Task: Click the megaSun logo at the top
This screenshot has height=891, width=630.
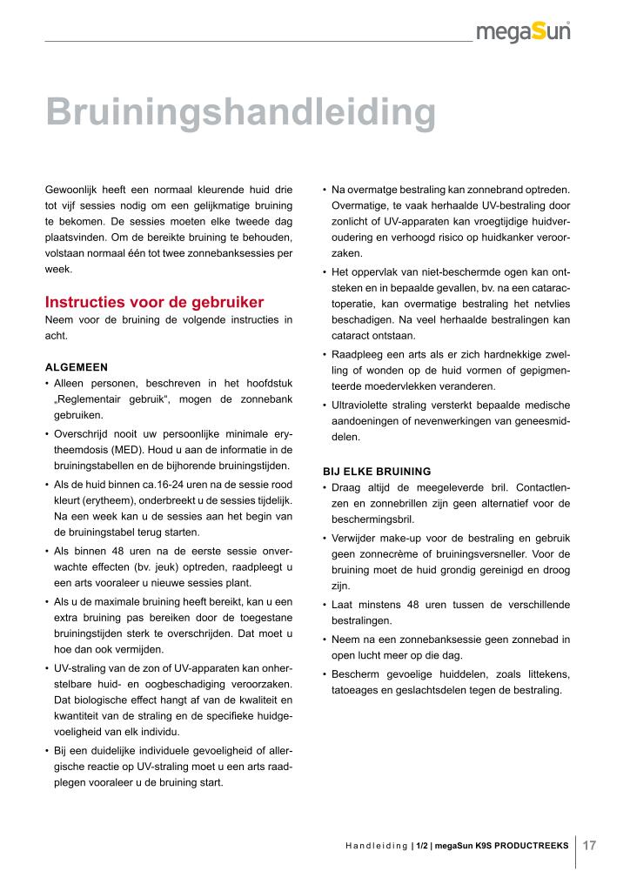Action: tap(523, 33)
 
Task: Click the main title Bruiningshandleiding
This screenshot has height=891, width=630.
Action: tap(240, 112)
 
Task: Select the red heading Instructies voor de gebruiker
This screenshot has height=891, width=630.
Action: tap(154, 303)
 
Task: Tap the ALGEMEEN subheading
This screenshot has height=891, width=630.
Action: tap(77, 367)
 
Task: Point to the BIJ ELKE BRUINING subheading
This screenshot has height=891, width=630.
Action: tap(377, 471)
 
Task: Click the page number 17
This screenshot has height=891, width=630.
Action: tap(589, 845)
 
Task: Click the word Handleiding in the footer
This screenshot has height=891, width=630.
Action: tap(376, 846)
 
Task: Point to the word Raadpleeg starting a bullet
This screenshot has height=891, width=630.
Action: tap(358, 353)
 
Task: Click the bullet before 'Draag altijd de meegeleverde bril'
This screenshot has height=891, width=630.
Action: tap(325, 487)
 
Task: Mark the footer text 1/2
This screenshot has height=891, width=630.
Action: tap(422, 846)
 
